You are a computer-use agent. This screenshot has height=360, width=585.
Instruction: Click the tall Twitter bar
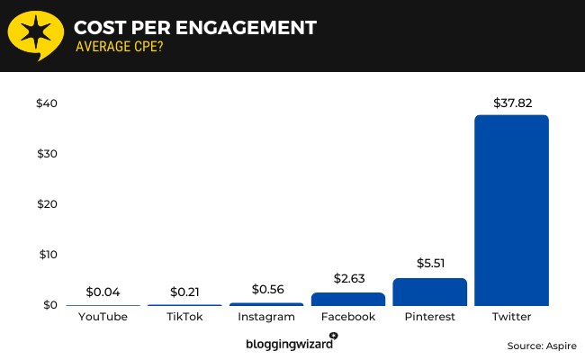[x=511, y=210]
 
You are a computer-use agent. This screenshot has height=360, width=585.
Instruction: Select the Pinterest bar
[x=429, y=292]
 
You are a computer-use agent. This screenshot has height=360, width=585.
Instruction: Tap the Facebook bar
[x=347, y=299]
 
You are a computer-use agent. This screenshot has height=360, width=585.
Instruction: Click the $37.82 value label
[x=511, y=103]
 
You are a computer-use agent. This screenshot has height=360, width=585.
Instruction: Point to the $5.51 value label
[x=429, y=265]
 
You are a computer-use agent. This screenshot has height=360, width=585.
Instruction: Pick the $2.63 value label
[x=347, y=279]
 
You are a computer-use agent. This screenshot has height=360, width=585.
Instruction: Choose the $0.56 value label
[x=266, y=290]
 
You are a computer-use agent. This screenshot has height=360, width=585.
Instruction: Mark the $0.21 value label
[x=184, y=292]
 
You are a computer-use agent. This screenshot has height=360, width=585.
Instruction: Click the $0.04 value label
[x=103, y=292]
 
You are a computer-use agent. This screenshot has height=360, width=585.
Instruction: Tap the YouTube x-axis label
[x=103, y=317]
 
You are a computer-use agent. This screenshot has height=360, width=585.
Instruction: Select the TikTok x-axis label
[x=184, y=317]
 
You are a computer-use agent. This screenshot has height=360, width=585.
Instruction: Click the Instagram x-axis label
[x=266, y=317]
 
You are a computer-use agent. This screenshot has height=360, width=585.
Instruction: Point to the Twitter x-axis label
[x=511, y=317]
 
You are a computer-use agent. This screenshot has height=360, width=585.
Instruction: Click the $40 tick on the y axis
[x=47, y=103]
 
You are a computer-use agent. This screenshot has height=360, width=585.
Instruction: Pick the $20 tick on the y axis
[x=47, y=204]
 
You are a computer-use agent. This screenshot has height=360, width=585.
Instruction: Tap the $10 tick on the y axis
[x=47, y=255]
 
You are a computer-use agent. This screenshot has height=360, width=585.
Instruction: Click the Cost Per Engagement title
[x=194, y=27]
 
